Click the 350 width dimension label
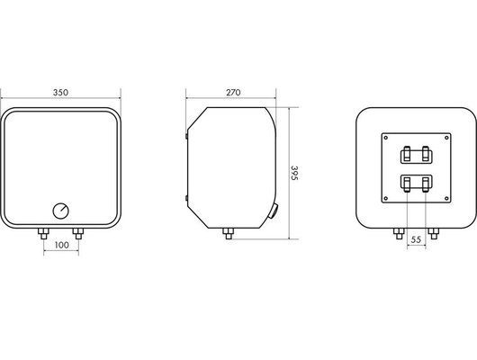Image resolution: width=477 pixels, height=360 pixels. pos(61,93)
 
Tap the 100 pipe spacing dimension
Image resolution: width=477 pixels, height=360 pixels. pos(61,246)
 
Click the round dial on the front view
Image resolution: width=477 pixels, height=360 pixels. pos(61,210)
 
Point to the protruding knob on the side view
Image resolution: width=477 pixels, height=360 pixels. pos(274,213)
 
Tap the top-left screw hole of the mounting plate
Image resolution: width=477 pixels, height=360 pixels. pos(384,138)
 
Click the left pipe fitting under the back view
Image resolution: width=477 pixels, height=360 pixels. pos(398,235)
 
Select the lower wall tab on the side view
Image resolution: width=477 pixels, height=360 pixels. pos(185,196)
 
